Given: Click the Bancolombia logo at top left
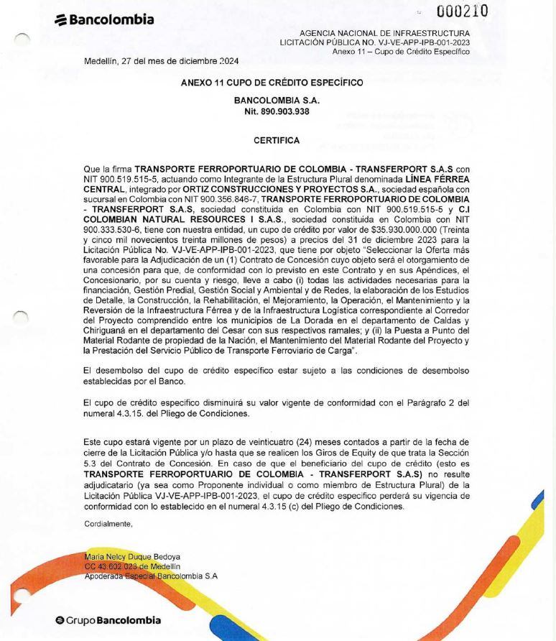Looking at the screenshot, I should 104,19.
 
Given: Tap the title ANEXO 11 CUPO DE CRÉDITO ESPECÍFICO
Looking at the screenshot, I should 277,83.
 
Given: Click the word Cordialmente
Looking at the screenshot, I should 108,524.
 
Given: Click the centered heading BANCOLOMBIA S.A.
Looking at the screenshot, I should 277,103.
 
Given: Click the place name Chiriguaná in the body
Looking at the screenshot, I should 108,326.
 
